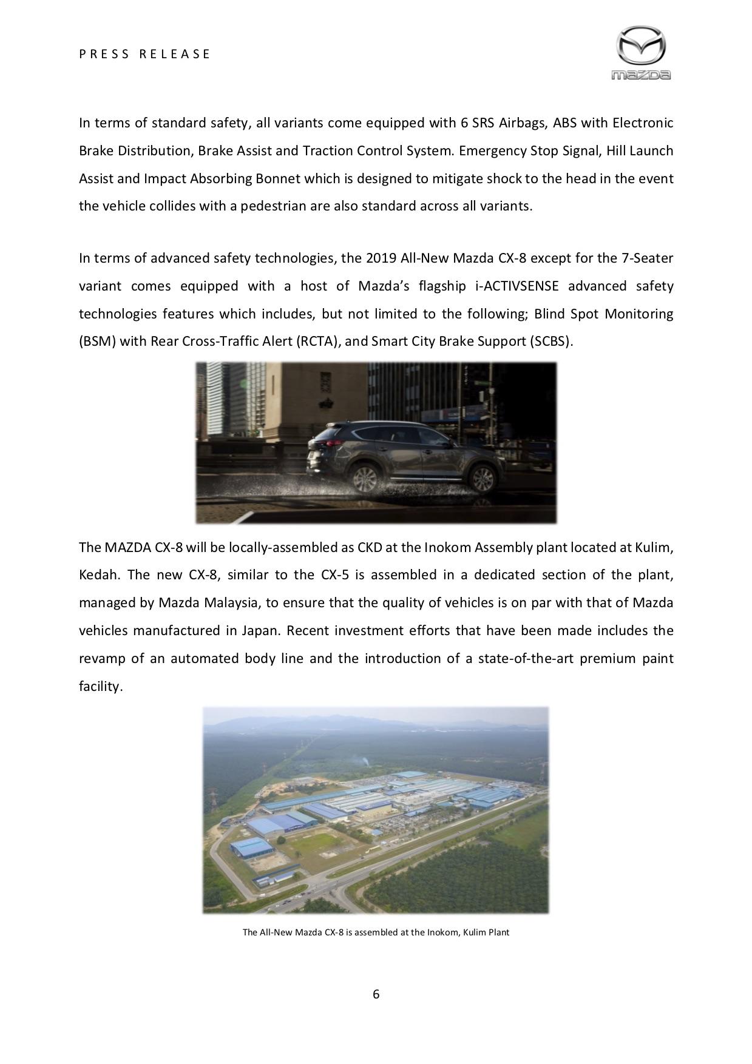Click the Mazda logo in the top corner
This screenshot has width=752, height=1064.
click(x=641, y=53)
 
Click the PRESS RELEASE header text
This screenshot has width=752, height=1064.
click(x=144, y=54)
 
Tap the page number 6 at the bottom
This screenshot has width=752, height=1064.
click(x=376, y=994)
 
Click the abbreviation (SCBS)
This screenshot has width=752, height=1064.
click(x=550, y=341)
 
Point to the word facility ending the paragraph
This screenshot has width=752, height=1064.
click(x=101, y=686)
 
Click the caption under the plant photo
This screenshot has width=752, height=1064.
click(x=376, y=932)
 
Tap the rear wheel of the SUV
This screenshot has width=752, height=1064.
click(x=363, y=479)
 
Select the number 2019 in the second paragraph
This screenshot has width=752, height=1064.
click(x=382, y=258)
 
